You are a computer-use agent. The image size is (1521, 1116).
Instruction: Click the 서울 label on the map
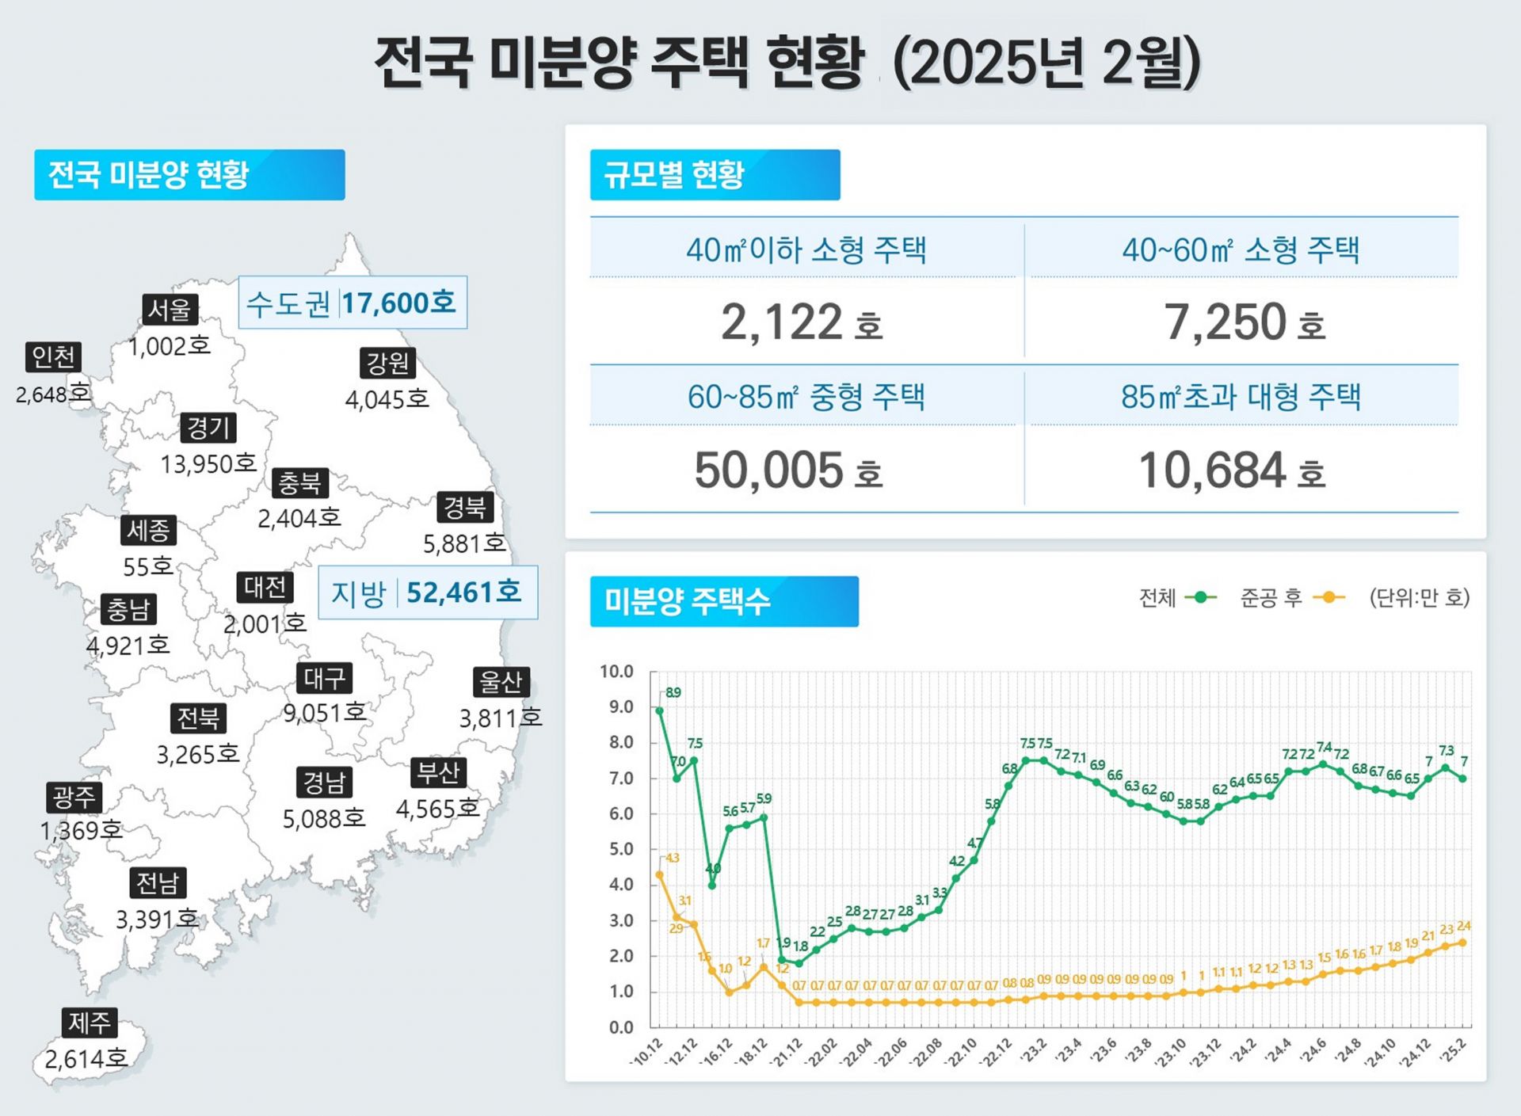pyautogui.click(x=170, y=309)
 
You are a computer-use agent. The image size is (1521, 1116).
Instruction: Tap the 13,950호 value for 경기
pyautogui.click(x=208, y=463)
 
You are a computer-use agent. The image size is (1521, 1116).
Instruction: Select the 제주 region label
pyautogui.click(x=90, y=1023)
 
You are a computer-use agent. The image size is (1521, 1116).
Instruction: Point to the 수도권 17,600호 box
pyautogui.click(x=353, y=303)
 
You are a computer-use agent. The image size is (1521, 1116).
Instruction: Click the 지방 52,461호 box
pyautogui.click(x=428, y=592)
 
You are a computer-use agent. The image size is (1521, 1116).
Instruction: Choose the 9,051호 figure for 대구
pyautogui.click(x=325, y=713)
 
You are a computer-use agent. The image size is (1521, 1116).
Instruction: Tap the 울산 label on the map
pyautogui.click(x=501, y=681)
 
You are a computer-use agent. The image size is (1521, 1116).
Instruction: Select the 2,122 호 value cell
pyautogui.click(x=801, y=322)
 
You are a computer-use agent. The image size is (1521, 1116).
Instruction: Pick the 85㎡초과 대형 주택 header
pyautogui.click(x=1241, y=397)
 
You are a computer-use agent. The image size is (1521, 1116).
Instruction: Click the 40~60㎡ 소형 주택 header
pyautogui.click(x=1241, y=250)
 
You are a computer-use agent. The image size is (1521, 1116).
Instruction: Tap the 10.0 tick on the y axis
pyautogui.click(x=616, y=672)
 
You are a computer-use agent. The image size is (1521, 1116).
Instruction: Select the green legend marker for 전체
pyautogui.click(x=1201, y=597)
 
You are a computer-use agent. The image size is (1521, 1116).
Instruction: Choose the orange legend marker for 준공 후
pyautogui.click(x=1328, y=597)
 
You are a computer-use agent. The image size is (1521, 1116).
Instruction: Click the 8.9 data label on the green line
pyautogui.click(x=673, y=692)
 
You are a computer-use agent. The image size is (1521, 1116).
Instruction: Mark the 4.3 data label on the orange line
pyautogui.click(x=672, y=858)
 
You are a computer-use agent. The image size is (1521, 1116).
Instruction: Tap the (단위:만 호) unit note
pyautogui.click(x=1420, y=597)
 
